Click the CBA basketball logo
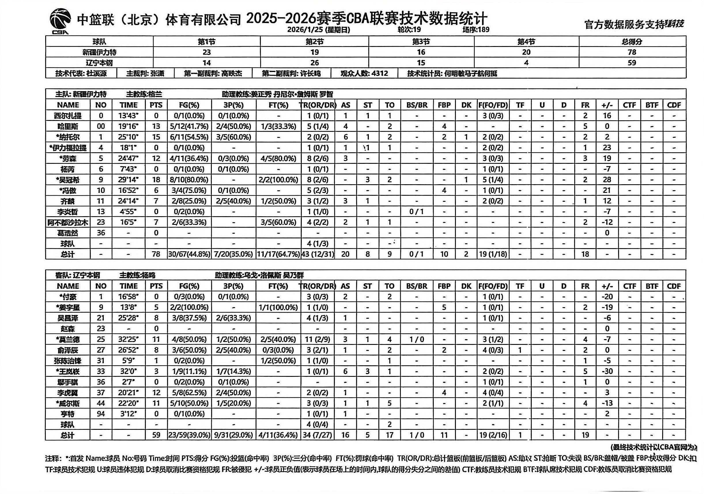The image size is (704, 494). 60,21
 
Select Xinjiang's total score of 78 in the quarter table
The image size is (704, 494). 632,52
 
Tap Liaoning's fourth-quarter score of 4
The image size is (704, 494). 526,63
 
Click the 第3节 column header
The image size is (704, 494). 421,41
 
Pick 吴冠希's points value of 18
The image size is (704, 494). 156,180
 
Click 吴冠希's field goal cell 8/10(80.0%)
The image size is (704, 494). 189,180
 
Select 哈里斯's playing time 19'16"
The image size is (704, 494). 129,126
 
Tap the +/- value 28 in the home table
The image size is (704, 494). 607,180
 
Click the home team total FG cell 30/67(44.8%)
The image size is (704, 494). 189,254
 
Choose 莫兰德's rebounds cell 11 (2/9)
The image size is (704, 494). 318,339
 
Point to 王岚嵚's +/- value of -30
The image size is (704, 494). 607,371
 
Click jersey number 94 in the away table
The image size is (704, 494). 101,414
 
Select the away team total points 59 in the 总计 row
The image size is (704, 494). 156,435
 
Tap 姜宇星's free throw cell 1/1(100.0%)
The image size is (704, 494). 278,307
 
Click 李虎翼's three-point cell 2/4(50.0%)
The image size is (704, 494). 233,393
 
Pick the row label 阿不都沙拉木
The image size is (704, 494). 68,222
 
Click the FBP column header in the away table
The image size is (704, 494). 444,286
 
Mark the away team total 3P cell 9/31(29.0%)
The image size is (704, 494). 233,435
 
